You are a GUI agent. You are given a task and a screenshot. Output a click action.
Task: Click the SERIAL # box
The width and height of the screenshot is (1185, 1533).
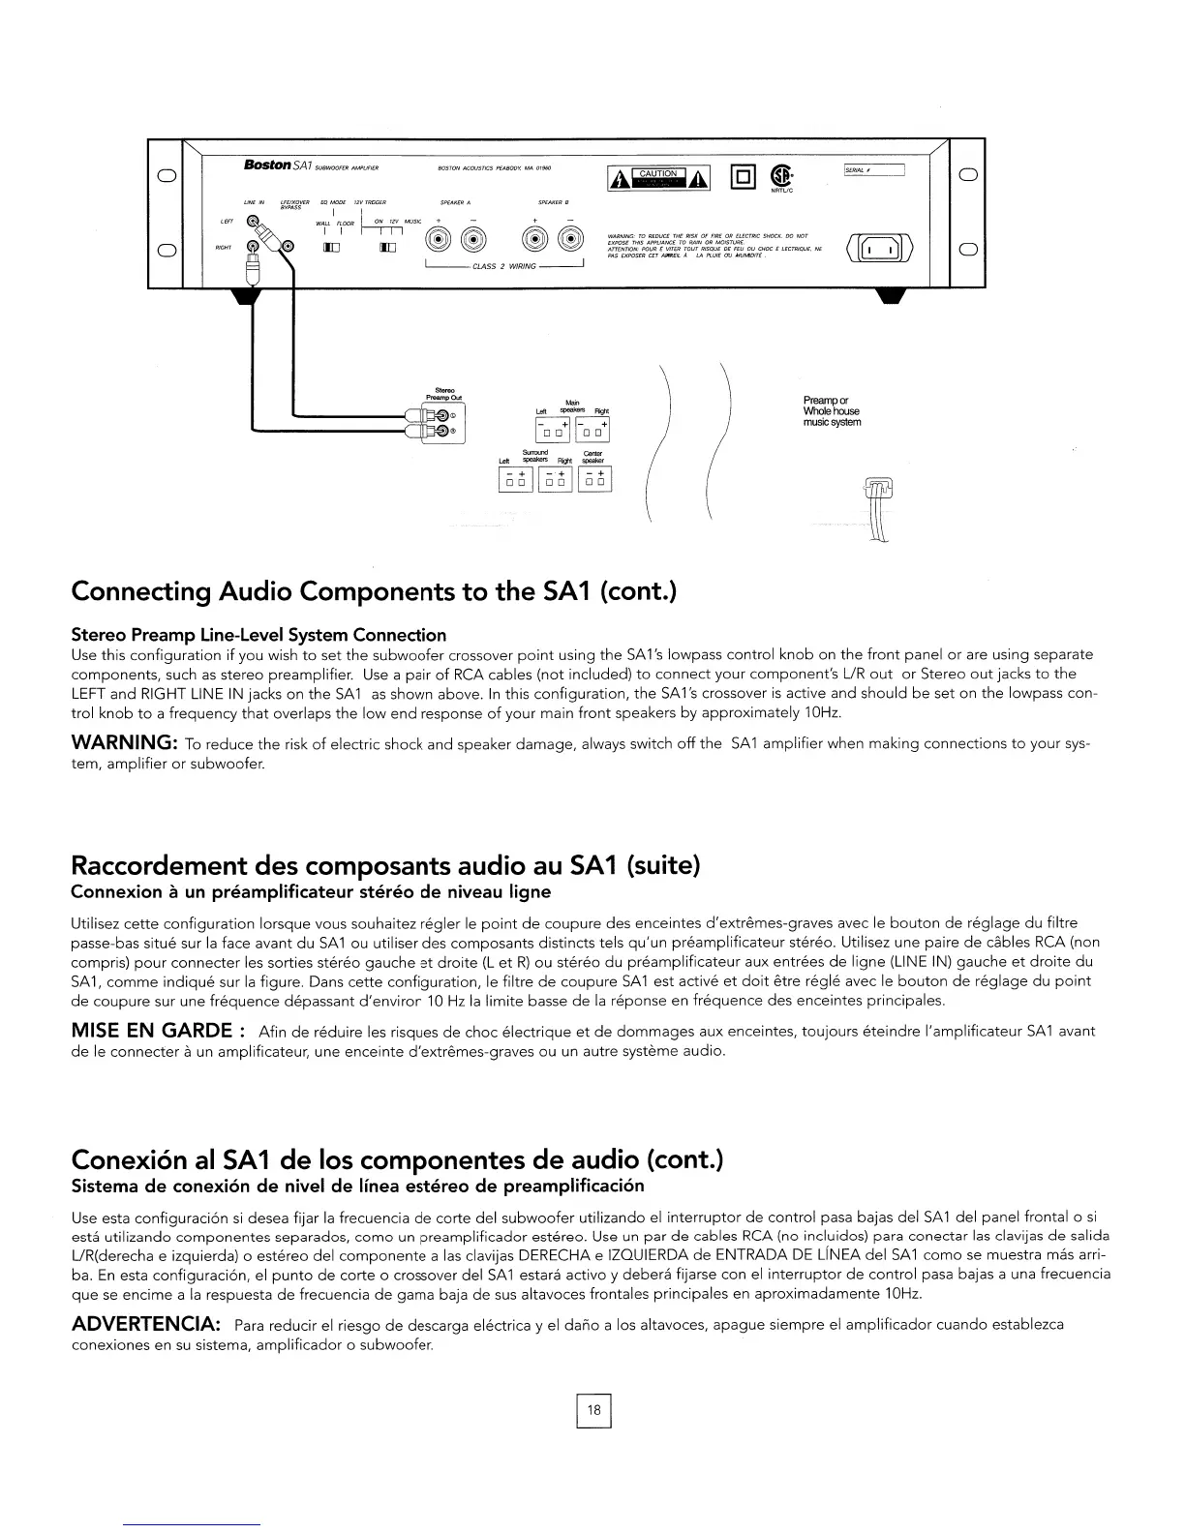pyautogui.click(x=874, y=171)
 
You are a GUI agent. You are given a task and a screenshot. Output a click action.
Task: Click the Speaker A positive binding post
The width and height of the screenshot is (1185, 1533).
pyautogui.click(x=439, y=242)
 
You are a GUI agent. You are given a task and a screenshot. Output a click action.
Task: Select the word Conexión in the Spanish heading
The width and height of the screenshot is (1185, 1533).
pyautogui.click(x=137, y=1158)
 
